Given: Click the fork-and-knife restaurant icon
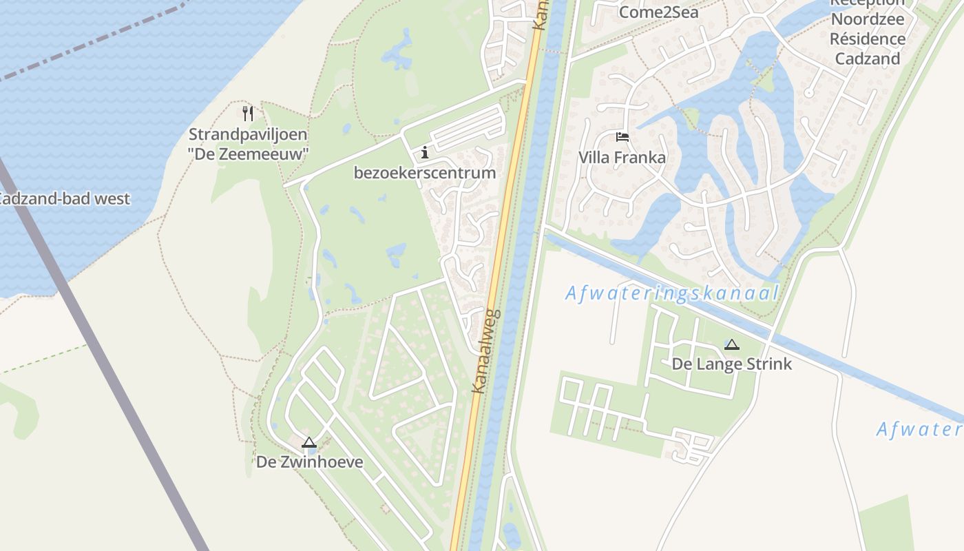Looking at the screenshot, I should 248,113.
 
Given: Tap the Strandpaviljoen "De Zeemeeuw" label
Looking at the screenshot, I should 248,144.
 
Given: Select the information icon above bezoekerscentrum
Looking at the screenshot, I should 425,152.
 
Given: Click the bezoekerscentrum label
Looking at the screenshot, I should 425,173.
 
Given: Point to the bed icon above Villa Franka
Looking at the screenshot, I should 622,137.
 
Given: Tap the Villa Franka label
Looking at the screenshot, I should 622,158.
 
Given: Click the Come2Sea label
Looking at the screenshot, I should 658,12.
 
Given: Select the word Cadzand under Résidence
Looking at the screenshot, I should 868,59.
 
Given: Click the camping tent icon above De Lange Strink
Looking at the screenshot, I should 731,344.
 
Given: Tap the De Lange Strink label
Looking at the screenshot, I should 731,364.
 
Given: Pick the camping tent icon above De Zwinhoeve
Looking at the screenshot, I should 309,442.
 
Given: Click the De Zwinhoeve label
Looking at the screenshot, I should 309,461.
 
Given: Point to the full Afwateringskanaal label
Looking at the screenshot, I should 672,293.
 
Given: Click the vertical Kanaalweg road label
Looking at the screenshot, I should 486,352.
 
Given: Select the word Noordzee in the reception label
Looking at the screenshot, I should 868,19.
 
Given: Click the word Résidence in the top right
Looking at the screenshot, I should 868,39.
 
